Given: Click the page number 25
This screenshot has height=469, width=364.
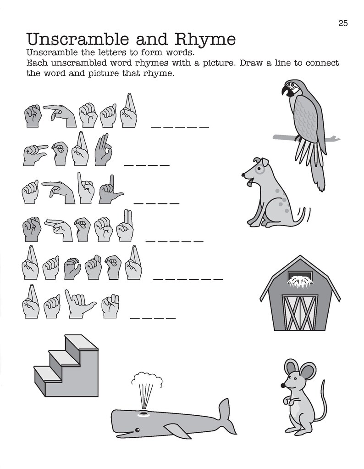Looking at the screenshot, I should [343, 23].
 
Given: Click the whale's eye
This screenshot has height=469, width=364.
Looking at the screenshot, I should [137, 430].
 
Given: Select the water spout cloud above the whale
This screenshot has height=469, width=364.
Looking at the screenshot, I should [147, 379].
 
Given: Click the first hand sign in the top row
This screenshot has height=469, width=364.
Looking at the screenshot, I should [33, 116].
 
